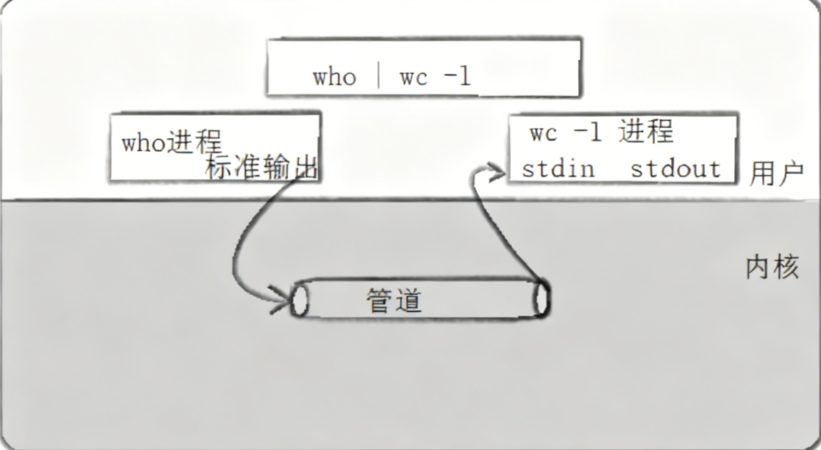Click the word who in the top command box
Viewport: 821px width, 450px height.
334,78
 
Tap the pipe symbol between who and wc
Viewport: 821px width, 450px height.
378,77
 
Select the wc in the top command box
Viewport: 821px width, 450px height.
413,78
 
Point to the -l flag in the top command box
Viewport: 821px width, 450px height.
456,77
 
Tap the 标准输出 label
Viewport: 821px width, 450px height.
261,167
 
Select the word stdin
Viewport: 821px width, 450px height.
558,168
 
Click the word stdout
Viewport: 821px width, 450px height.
675,168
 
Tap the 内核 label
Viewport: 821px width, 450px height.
772,268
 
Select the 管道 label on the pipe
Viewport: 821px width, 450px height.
394,300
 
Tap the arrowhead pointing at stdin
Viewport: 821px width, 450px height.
496,172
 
